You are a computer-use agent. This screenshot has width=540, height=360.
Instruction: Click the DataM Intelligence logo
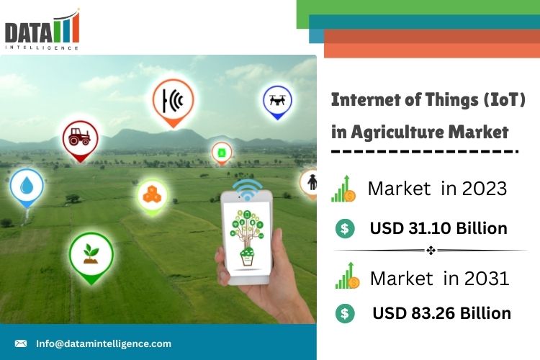tap(42, 30)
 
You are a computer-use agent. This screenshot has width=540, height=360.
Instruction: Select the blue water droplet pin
tap(27, 188)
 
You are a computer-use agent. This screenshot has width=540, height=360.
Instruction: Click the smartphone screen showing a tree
tap(246, 237)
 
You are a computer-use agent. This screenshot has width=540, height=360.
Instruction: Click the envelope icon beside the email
tap(21, 343)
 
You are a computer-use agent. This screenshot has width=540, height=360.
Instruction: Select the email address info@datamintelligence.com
tap(104, 344)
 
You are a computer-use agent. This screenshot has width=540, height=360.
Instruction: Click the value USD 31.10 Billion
tap(438, 228)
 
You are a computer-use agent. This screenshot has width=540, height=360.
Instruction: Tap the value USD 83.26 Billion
tap(442, 313)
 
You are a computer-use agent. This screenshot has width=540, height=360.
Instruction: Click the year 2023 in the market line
tap(485, 189)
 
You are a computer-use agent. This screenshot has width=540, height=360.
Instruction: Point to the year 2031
tap(487, 279)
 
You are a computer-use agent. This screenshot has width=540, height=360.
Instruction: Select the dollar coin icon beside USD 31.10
tap(345, 228)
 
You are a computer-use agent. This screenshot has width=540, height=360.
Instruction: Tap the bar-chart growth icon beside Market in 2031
tap(348, 276)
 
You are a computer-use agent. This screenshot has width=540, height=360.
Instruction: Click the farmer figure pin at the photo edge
tap(310, 184)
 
